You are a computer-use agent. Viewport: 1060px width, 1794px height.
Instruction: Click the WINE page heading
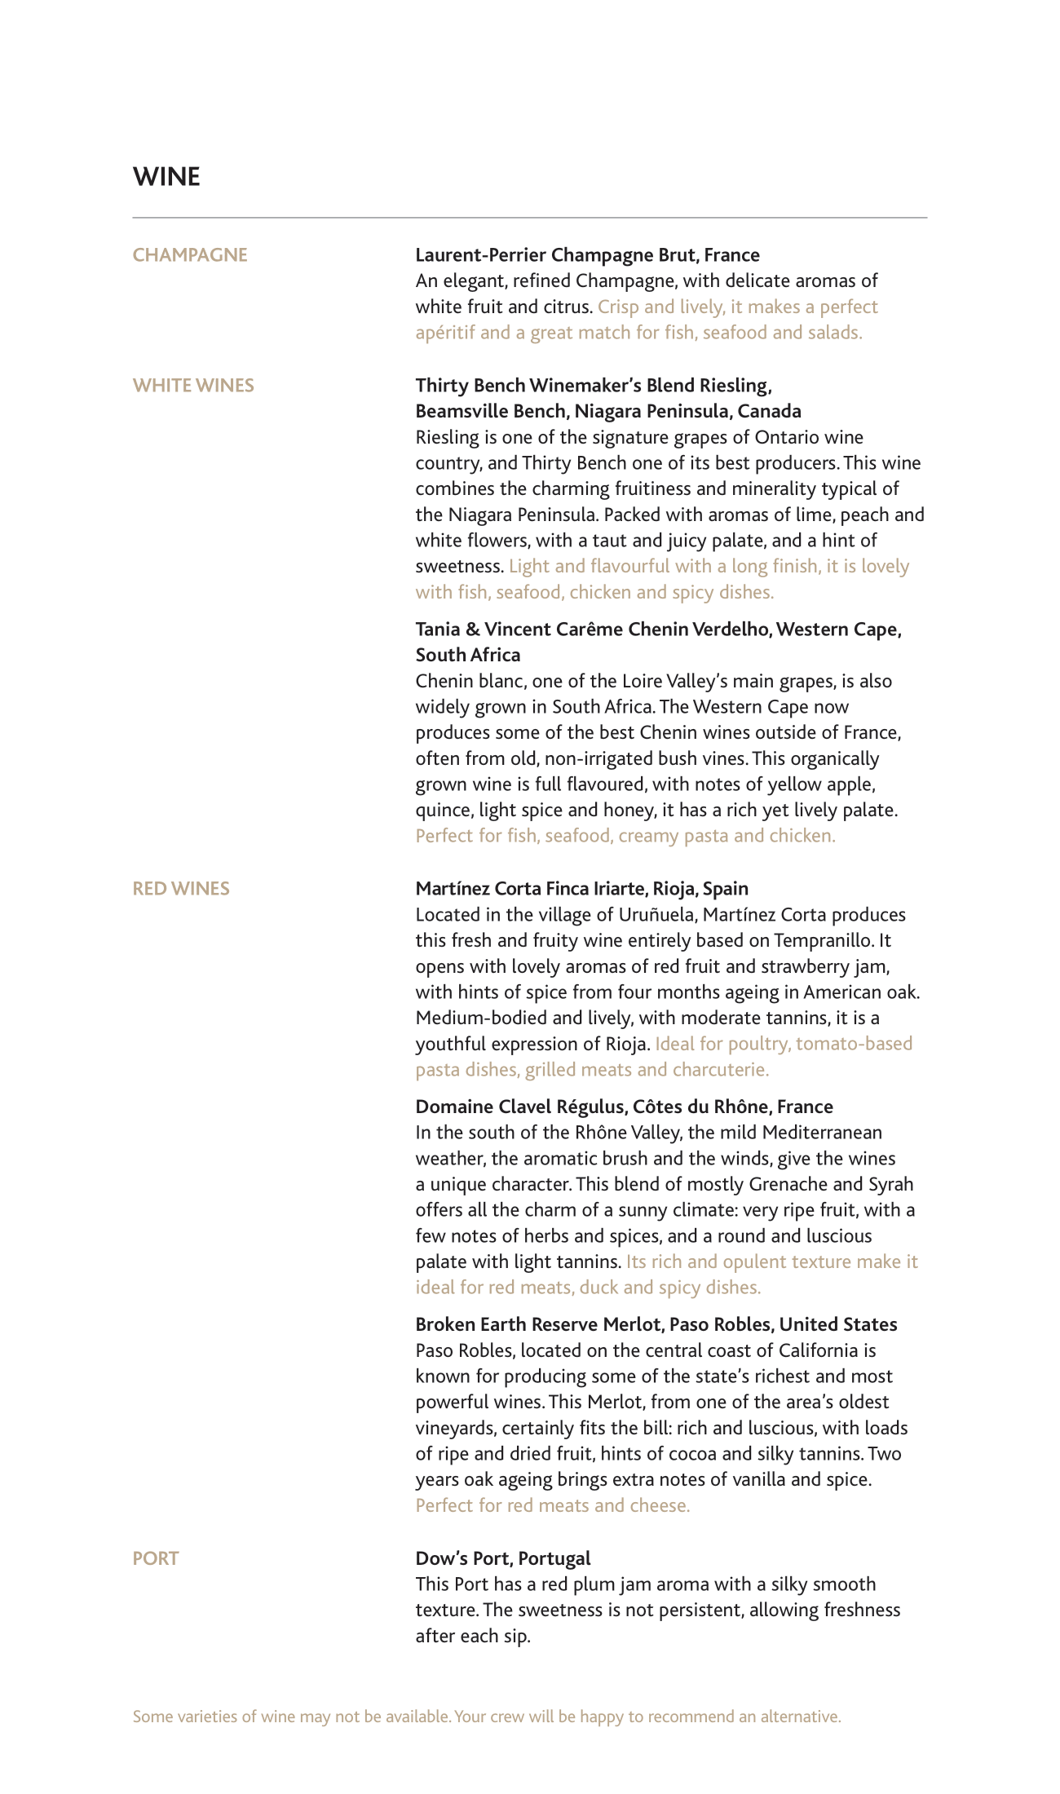coord(166,177)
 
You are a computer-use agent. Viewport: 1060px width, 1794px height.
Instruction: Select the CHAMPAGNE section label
coord(190,255)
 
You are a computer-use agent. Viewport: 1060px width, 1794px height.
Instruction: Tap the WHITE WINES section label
coord(193,386)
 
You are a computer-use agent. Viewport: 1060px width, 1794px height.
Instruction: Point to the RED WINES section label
coord(181,889)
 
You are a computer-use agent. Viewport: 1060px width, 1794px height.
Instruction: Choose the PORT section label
coord(156,1558)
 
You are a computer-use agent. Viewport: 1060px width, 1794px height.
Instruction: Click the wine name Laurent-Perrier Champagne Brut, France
coord(587,255)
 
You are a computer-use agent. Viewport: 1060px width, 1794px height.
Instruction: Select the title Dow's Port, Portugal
coord(502,1558)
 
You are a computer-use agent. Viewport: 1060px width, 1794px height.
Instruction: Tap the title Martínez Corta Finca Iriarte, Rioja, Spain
coord(581,889)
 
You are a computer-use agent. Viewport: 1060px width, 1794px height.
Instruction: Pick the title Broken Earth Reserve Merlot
coord(656,1324)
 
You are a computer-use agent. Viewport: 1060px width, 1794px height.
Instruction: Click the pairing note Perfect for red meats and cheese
coord(553,1505)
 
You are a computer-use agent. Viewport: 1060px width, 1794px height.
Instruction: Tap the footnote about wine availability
coord(486,1717)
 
